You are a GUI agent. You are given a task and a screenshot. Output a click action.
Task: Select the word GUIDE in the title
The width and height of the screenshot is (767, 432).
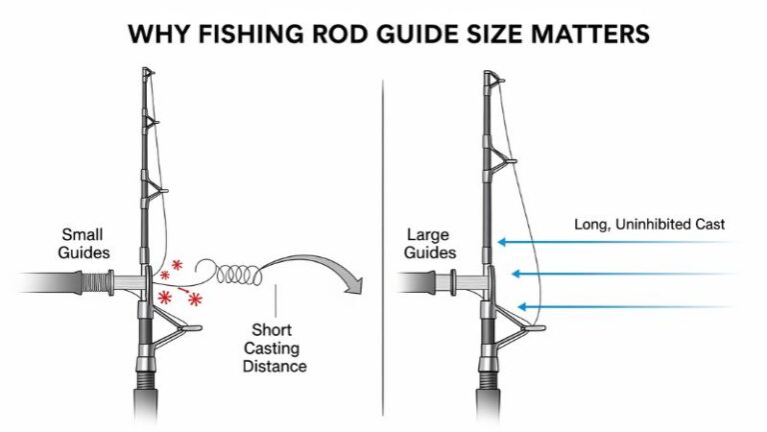coord(432,34)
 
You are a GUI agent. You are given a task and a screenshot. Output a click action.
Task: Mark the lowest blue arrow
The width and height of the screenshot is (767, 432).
coord(624,306)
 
